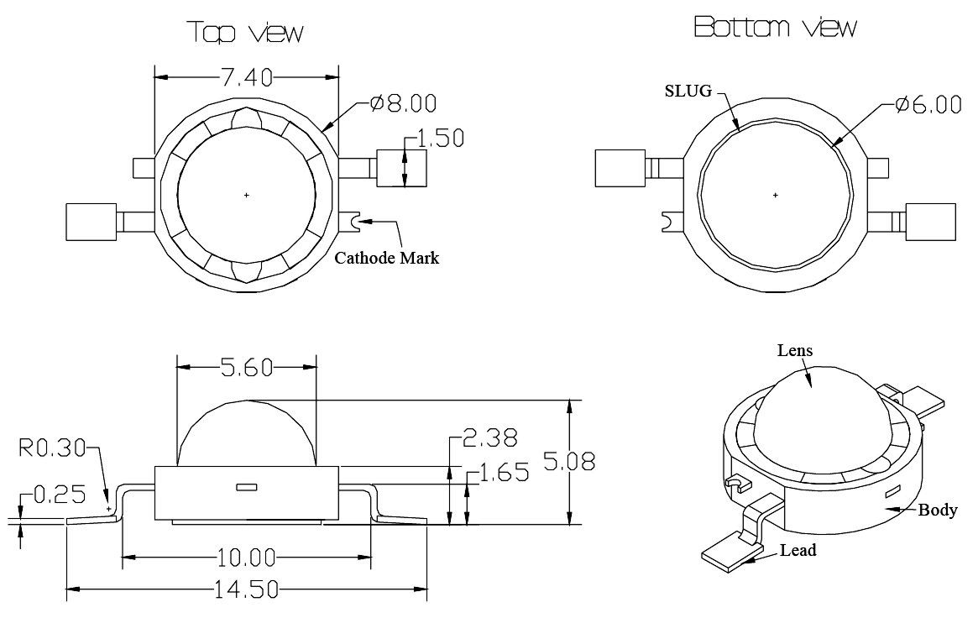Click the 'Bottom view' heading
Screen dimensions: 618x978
pos(775,29)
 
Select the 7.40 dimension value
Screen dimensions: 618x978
pos(247,77)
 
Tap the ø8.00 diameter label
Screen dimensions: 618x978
pos(403,103)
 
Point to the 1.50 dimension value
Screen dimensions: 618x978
pos(441,139)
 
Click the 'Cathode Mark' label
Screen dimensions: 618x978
pos(387,258)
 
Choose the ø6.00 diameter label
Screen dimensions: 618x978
pos(928,105)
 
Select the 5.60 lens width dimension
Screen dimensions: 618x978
pos(247,367)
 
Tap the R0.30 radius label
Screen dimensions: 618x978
pos(52,448)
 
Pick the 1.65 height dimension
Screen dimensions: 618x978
pos(505,473)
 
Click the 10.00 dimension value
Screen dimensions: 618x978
pos(247,558)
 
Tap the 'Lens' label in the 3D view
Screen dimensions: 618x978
pos(795,350)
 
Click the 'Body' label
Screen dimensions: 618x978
pos(938,510)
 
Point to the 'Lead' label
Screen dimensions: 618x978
pos(798,551)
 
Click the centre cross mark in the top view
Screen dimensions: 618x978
pos(247,195)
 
